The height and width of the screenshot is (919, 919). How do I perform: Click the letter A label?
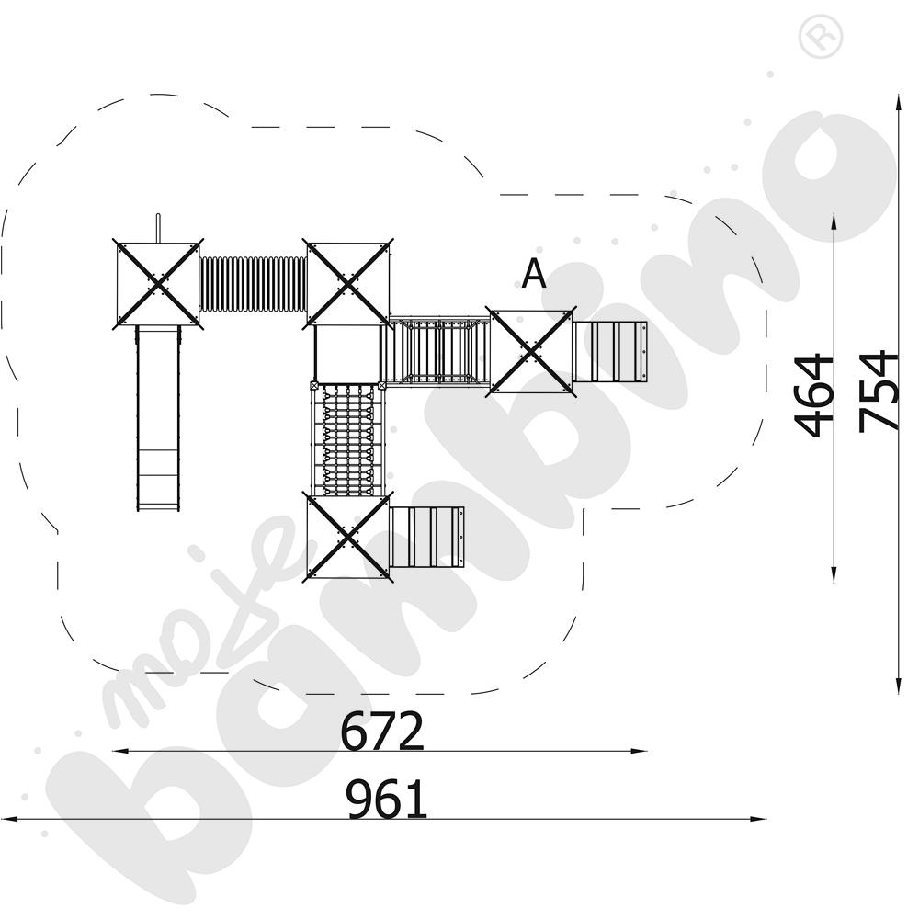[x=534, y=274]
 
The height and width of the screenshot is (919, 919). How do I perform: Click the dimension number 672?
[x=382, y=732]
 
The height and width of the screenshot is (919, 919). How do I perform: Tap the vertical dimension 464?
[x=814, y=396]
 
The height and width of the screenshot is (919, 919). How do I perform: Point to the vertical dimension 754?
[x=879, y=391]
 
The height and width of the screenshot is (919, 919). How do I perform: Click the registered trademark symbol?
[x=821, y=37]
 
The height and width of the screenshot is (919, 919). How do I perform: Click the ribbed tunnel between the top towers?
[x=253, y=284]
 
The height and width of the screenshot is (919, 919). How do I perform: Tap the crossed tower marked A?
[x=531, y=351]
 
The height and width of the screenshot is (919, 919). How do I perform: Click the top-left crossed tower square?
[x=157, y=282]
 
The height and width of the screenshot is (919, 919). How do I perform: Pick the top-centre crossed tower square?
[x=348, y=283]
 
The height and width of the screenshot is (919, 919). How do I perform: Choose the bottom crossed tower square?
[x=347, y=536]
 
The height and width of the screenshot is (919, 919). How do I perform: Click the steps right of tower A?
[x=609, y=351]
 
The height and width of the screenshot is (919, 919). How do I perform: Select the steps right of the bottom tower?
[x=426, y=536]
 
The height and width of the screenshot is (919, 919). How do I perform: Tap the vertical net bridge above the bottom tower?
[x=346, y=438]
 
